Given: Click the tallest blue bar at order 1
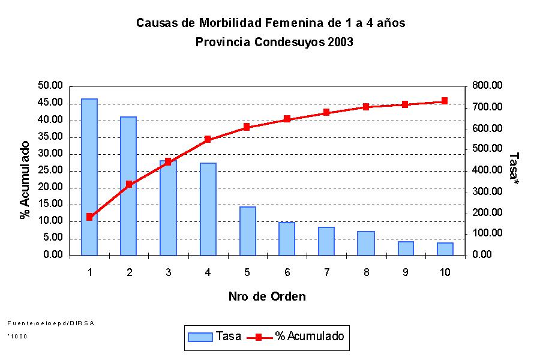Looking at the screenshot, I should [x=89, y=177].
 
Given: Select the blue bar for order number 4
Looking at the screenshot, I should [x=208, y=209].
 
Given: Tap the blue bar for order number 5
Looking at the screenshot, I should [x=247, y=231].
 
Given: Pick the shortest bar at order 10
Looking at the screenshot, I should [x=445, y=249].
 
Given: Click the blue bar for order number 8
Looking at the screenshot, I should [x=365, y=243].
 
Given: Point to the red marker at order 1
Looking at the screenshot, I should [x=89, y=217].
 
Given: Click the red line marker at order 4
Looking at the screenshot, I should [x=208, y=139].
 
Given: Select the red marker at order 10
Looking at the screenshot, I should [x=445, y=101].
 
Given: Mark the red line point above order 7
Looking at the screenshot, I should [x=326, y=112].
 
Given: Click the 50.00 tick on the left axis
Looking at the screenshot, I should [x=50, y=86].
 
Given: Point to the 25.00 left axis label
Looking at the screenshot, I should [x=50, y=170].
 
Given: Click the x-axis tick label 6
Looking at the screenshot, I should [x=287, y=272].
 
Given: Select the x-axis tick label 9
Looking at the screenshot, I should [x=405, y=272].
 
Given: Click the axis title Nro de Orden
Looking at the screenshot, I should [x=267, y=296].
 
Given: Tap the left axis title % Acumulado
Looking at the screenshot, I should [x=25, y=180].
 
